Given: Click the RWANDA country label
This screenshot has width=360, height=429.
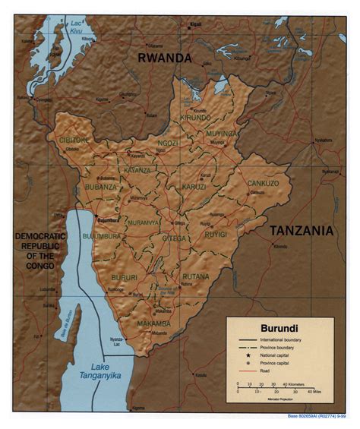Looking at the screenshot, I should click(x=164, y=58).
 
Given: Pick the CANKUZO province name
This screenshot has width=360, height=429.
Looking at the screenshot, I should click(x=262, y=183).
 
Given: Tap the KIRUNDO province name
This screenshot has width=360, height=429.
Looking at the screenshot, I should click(x=197, y=118).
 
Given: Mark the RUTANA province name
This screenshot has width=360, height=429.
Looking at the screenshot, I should click(x=196, y=276).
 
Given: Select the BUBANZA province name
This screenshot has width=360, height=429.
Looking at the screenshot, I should click(x=101, y=186).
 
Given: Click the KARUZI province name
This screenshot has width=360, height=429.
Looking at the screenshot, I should click(x=195, y=186).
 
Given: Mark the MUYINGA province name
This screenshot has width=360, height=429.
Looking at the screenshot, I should click(x=220, y=133).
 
